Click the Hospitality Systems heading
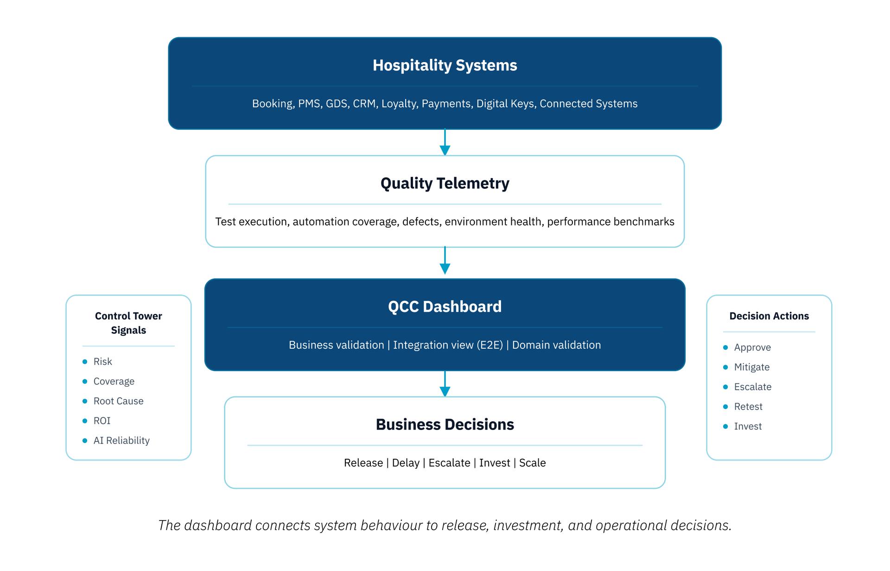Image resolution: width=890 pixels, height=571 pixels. [445, 65]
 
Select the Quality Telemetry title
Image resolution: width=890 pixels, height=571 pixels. [445, 184]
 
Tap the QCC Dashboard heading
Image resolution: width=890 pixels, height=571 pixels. [445, 307]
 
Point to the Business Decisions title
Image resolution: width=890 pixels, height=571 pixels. [445, 424]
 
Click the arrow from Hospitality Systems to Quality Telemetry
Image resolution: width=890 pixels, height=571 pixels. [445, 142]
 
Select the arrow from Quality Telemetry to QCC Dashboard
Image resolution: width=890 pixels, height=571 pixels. [445, 260]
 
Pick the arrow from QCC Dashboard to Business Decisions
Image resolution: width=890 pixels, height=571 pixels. [445, 384]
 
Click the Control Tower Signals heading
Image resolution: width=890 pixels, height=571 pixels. [128, 323]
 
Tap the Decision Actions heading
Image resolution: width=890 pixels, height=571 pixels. [769, 316]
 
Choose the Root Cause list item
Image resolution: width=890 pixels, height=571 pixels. [118, 401]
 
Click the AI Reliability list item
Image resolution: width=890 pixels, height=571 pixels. [121, 440]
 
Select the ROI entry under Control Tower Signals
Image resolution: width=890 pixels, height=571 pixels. [102, 421]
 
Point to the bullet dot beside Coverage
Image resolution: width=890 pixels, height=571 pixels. [85, 381]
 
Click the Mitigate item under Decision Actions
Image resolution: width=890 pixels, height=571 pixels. [752, 367]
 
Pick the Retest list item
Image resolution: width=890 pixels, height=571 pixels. [748, 406]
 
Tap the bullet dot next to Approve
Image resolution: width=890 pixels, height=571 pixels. [725, 347]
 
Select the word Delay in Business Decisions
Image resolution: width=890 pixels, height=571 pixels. [406, 463]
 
